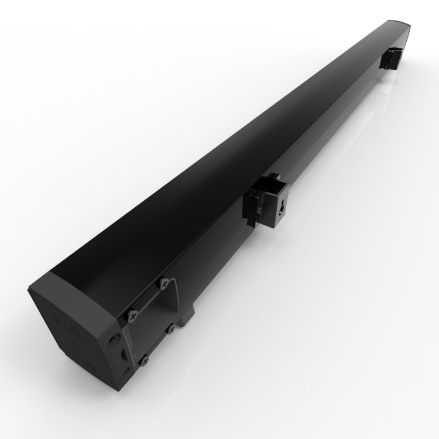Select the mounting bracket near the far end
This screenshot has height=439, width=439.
[x=391, y=57]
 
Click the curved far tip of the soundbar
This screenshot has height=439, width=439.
[x=404, y=29]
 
